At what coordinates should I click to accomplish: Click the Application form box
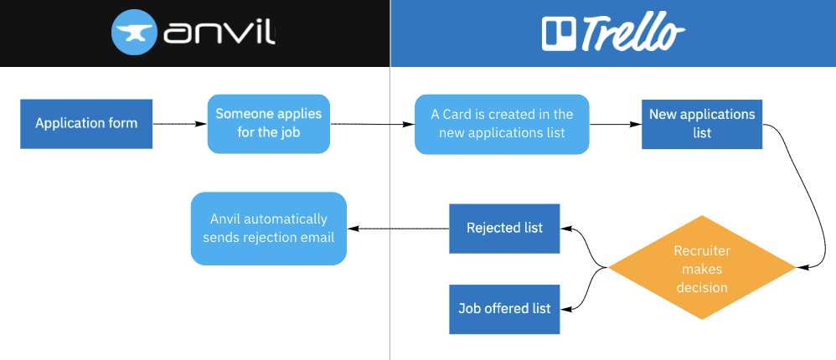(x=86, y=124)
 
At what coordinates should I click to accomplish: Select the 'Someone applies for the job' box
(x=268, y=124)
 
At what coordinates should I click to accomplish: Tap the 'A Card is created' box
(x=502, y=124)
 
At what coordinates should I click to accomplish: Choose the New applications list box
(x=702, y=124)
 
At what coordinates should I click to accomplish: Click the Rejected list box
(x=504, y=228)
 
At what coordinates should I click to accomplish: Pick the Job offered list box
(x=504, y=309)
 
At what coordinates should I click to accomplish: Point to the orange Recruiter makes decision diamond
(x=702, y=268)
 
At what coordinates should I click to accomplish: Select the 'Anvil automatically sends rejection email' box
(x=268, y=229)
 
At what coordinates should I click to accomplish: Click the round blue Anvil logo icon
(x=134, y=33)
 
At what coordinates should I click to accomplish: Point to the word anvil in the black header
(x=220, y=33)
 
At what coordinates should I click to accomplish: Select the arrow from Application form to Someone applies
(x=179, y=124)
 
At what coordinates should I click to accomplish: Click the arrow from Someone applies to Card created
(x=373, y=124)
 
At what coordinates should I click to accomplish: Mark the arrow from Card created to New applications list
(x=615, y=124)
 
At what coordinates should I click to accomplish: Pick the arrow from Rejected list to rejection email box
(x=398, y=229)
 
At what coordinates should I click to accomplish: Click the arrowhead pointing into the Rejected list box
(x=565, y=229)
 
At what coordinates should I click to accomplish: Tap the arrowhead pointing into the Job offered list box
(x=565, y=309)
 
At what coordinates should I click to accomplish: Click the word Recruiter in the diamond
(x=702, y=251)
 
